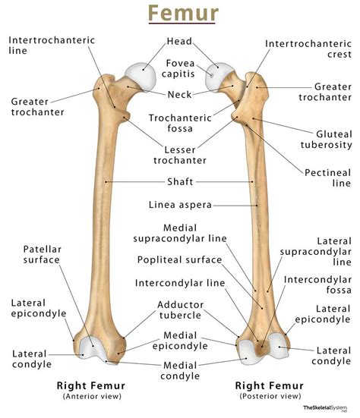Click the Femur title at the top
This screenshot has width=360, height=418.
pyautogui.click(x=180, y=14)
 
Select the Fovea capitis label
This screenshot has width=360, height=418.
pyautogui.click(x=180, y=70)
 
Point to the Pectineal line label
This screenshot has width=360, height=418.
pyautogui.click(x=331, y=177)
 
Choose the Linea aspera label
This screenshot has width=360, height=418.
pyautogui.click(x=180, y=204)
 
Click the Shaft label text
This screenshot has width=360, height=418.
pyautogui.click(x=180, y=182)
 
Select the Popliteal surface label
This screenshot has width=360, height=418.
pyautogui.click(x=179, y=260)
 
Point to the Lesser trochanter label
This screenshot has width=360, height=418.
pyautogui.click(x=180, y=154)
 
